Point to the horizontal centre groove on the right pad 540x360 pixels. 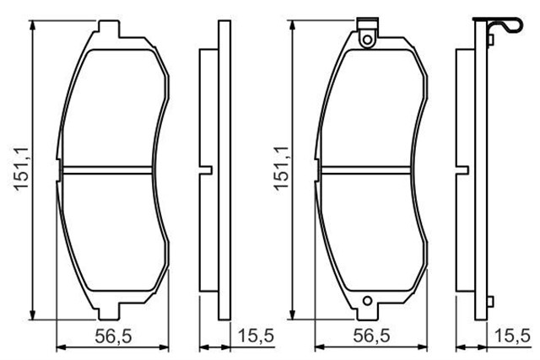pyautogui.click(x=369, y=165)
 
